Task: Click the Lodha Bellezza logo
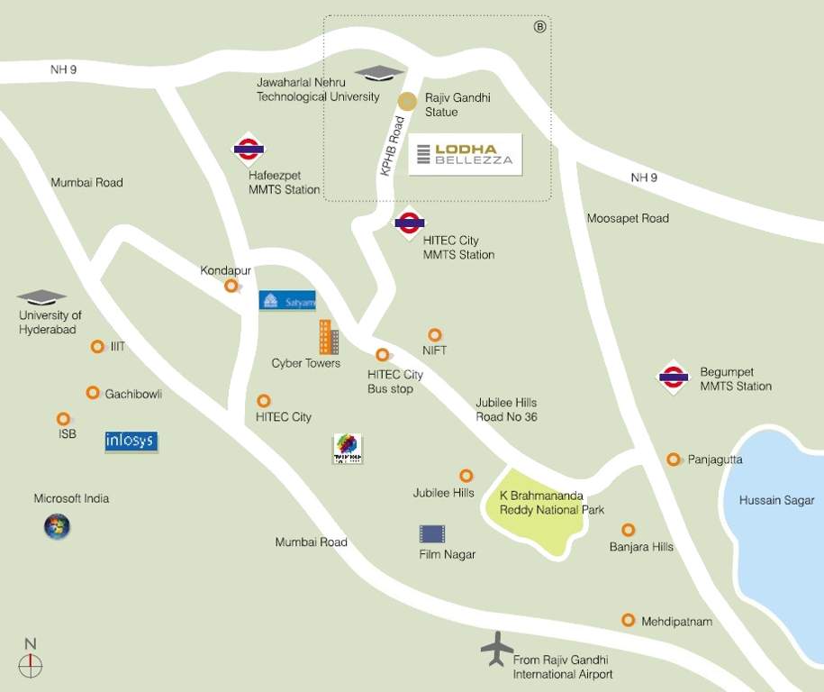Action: coord(466,154)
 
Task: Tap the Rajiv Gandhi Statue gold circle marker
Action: coord(408,102)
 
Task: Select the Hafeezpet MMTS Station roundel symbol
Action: coord(248,150)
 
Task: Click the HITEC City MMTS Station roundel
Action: coord(410,223)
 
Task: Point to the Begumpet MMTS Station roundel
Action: coord(673,378)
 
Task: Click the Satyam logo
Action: coord(287,300)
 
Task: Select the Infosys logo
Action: coord(131,441)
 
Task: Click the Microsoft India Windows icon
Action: coord(57,526)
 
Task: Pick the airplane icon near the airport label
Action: coord(496,648)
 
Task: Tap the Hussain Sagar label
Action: coord(776,500)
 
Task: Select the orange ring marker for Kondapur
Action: coord(231,286)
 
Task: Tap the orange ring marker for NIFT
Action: coord(435,335)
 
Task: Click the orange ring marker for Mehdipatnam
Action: coord(628,620)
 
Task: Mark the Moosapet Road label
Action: coord(628,218)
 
